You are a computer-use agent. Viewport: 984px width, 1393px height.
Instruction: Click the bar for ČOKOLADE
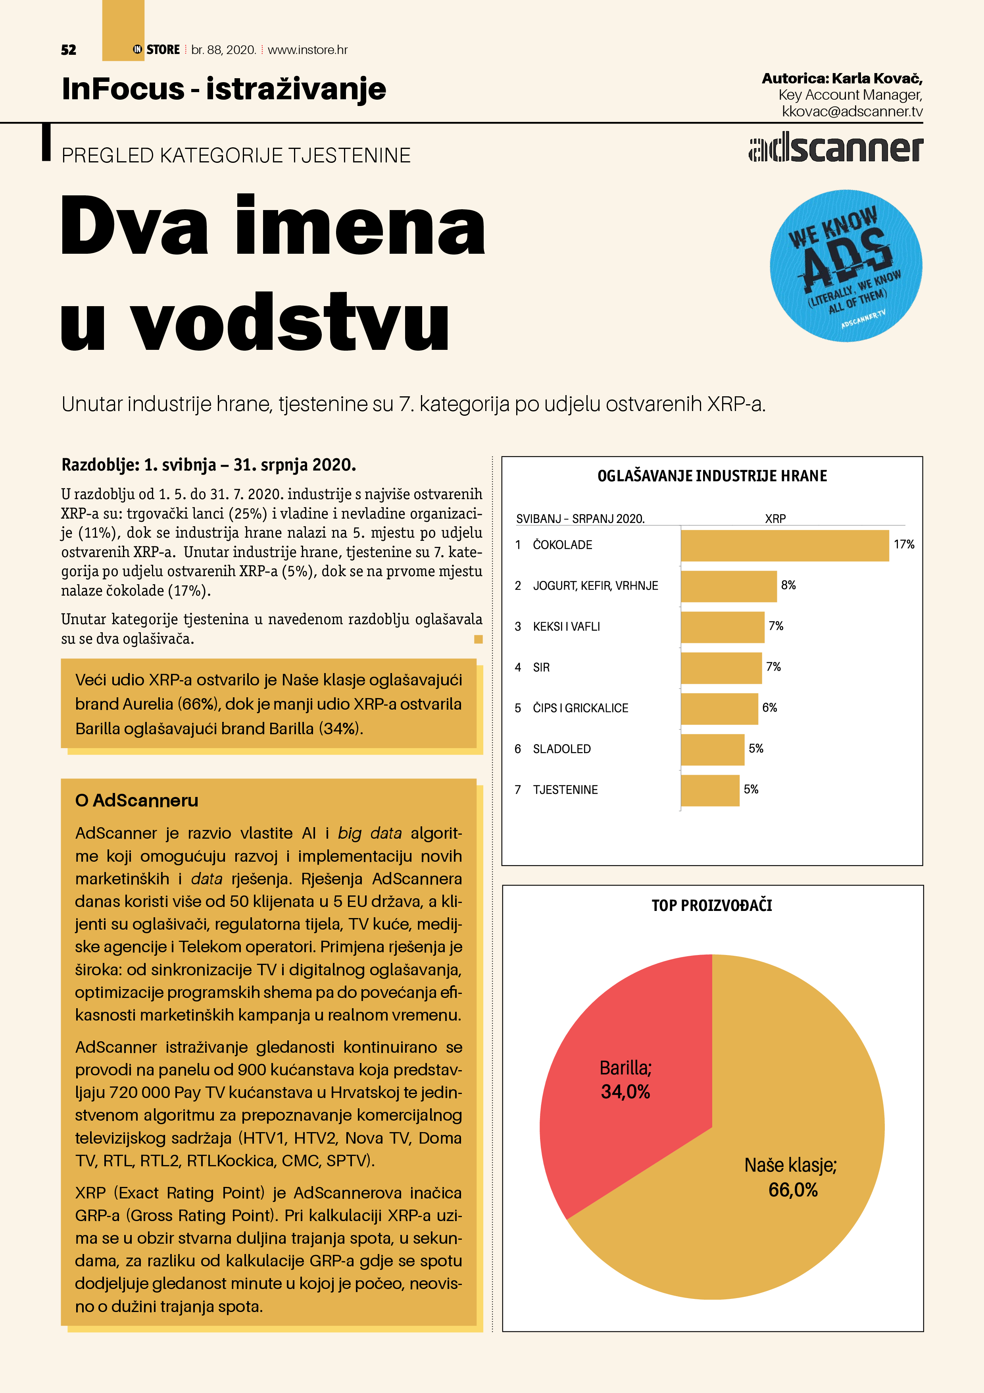click(784, 546)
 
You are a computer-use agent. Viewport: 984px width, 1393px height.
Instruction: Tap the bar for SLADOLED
click(712, 749)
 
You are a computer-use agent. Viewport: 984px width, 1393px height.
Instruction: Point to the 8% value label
click(788, 585)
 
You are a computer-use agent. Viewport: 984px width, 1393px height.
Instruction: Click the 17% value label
click(903, 545)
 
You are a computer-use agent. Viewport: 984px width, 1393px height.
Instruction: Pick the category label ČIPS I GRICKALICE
click(580, 708)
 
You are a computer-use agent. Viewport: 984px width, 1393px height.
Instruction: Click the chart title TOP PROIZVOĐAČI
click(712, 906)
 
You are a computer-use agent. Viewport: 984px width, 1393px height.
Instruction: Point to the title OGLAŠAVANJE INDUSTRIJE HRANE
click(712, 476)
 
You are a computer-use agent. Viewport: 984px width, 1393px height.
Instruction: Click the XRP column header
click(775, 519)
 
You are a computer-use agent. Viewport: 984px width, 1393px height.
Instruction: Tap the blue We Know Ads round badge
click(846, 266)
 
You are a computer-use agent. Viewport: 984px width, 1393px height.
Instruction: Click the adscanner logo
click(836, 149)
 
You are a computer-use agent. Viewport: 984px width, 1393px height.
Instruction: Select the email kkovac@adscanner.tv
click(852, 112)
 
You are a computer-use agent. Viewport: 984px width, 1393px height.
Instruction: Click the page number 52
click(69, 50)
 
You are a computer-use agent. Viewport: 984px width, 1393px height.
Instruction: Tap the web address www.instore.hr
click(307, 50)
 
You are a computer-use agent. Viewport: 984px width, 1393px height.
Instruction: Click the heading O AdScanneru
click(136, 801)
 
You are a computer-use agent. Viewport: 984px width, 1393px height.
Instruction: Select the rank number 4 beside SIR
click(518, 668)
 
